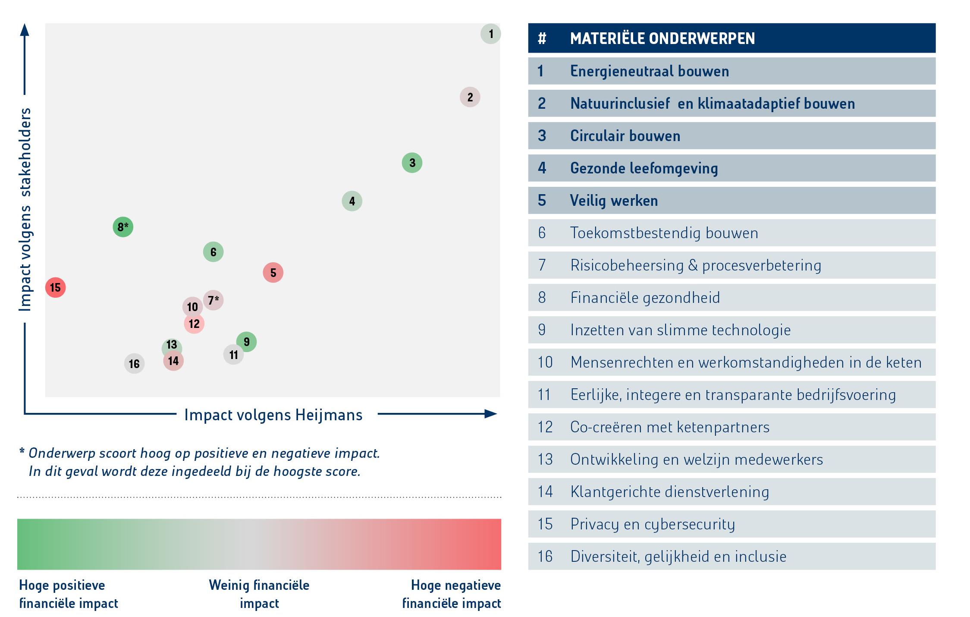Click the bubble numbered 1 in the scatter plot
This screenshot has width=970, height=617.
click(490, 34)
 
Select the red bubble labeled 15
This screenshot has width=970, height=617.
click(55, 287)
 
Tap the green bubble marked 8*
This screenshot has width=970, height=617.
click(123, 227)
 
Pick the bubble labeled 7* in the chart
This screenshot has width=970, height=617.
click(213, 300)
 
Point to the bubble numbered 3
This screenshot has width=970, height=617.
click(412, 163)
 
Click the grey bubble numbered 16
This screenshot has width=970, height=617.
click(134, 364)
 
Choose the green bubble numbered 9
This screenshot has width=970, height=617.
click(246, 342)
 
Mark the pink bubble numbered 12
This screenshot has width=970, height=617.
click(194, 324)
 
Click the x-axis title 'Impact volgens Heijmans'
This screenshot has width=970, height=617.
click(273, 415)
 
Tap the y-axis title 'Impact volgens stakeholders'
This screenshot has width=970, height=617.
click(25, 209)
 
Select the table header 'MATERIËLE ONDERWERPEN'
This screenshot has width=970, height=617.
click(662, 38)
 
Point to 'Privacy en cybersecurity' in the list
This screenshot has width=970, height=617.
click(652, 524)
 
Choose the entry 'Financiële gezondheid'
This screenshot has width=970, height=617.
click(645, 298)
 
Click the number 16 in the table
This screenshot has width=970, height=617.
click(545, 557)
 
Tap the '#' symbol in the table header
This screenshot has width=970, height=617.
click(542, 38)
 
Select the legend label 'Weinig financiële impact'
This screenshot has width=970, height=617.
click(259, 594)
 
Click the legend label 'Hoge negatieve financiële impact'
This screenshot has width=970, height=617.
click(452, 594)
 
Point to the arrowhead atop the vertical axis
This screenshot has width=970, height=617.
click(25, 29)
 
